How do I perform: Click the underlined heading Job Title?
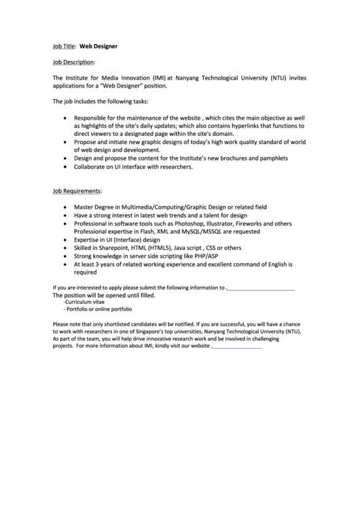65,46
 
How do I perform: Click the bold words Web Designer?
98,46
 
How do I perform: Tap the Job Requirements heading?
77,191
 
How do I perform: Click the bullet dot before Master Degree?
65,207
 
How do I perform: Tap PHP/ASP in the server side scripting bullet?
204,256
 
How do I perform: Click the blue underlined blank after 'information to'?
261,288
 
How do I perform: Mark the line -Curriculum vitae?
86,302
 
